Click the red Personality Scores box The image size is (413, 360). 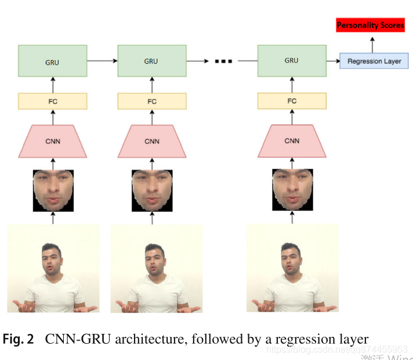(370, 26)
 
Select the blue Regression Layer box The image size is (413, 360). (374, 60)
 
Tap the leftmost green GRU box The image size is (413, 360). (53, 60)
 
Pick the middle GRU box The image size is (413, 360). (152, 60)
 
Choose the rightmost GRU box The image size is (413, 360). (292, 60)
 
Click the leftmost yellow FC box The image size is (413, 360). (53, 101)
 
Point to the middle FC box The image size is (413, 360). (152, 101)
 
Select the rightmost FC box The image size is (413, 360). (292, 101)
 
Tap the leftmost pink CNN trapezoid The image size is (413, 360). (53, 141)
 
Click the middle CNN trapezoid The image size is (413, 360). (152, 141)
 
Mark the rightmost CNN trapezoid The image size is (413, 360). (292, 141)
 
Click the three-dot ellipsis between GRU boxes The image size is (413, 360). (223, 60)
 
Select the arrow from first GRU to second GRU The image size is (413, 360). (102, 60)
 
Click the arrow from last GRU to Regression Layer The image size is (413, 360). (332, 60)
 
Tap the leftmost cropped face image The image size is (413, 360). (53, 190)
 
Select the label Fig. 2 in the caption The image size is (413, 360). (19, 339)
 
